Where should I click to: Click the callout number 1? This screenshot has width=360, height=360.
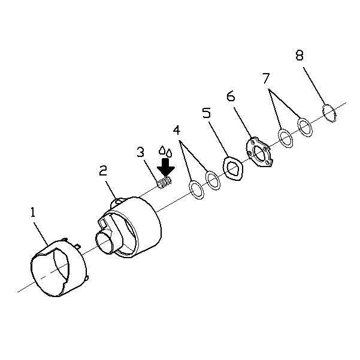[x=33, y=212]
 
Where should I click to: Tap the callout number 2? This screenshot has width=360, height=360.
[x=103, y=171]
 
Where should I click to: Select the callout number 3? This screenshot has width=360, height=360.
[x=140, y=152]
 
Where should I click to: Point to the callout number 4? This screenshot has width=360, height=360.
[x=177, y=130]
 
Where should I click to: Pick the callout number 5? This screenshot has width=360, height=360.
[x=206, y=113]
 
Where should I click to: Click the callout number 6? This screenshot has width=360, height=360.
[x=231, y=96]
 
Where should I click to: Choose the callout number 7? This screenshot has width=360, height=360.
[x=266, y=78]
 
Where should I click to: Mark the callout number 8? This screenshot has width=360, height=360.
[x=300, y=55]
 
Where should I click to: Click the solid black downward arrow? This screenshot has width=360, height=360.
[x=166, y=167]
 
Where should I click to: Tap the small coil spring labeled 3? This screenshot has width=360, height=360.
[x=164, y=183]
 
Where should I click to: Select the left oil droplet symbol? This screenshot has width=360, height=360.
[x=162, y=150]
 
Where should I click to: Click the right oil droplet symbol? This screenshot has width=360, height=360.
[x=169, y=153]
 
